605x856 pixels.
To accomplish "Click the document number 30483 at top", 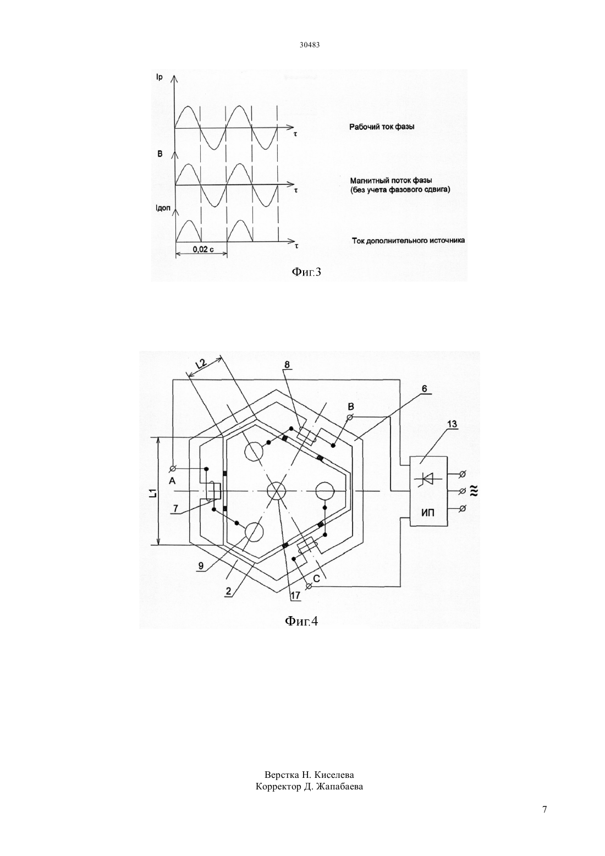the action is click(x=309, y=45).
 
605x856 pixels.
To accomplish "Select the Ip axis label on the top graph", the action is click(x=159, y=78).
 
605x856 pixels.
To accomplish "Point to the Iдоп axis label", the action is click(x=163, y=208).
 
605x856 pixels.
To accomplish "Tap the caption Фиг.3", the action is click(x=306, y=272).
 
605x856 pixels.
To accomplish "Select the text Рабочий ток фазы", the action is click(x=382, y=127).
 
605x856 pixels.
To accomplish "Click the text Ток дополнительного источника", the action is click(x=408, y=241).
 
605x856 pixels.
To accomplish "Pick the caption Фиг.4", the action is click(x=302, y=621).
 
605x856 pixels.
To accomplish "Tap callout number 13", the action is click(x=452, y=424).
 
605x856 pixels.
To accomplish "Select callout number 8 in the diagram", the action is click(x=287, y=365).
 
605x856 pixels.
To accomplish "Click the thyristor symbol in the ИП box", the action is click(x=428, y=478).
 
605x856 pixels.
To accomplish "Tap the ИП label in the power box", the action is click(x=428, y=513).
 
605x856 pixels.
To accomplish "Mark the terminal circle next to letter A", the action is click(x=173, y=469).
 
